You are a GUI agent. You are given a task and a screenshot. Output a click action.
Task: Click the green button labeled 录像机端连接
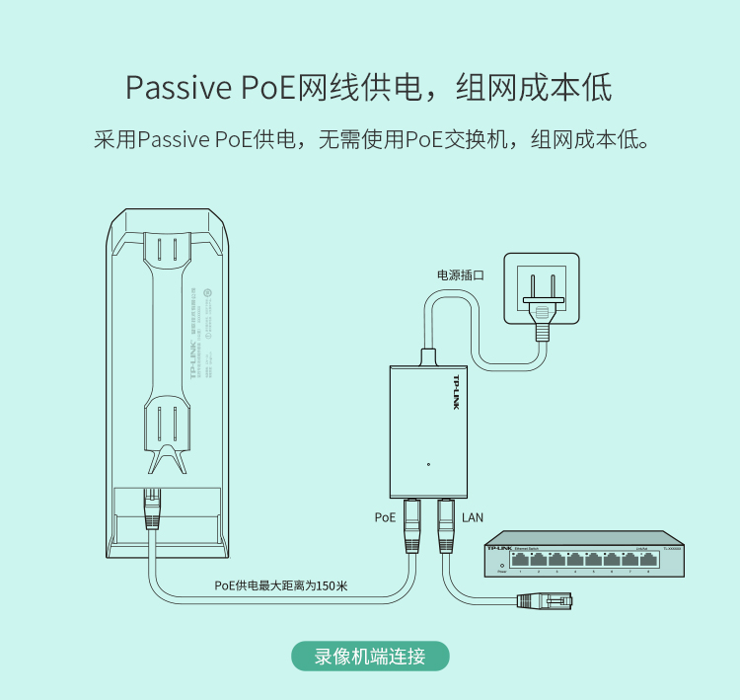(370, 657)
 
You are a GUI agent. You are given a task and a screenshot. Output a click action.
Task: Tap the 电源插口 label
(461, 275)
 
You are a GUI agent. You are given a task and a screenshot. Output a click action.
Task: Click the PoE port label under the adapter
(385, 516)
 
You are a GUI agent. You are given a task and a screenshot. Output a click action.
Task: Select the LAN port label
(473, 516)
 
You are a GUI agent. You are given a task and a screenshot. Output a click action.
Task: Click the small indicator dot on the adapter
(428, 464)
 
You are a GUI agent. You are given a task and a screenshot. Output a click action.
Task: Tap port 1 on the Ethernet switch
(520, 559)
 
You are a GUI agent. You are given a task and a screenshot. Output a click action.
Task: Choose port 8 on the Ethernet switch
(648, 559)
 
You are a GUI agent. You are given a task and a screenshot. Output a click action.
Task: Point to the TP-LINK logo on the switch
(500, 547)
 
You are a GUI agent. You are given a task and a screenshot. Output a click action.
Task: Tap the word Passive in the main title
(179, 88)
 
